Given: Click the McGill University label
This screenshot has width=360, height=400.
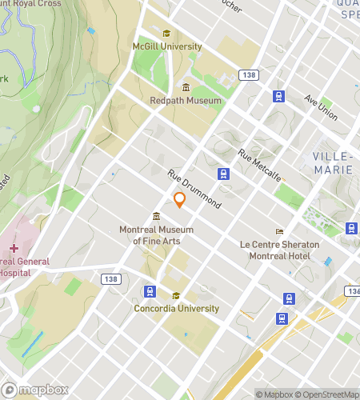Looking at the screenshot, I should click(x=166, y=47).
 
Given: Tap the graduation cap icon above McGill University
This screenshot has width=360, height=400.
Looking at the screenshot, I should click(x=166, y=34).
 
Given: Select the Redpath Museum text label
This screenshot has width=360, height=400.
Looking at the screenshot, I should click(x=186, y=101).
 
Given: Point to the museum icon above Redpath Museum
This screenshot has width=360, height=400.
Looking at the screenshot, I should click(x=186, y=87).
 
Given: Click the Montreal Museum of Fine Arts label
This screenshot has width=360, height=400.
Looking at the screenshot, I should click(x=155, y=235).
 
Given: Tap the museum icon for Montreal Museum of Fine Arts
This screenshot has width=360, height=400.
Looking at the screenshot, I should click(x=156, y=216).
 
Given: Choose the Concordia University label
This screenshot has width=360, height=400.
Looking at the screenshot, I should click(x=176, y=309).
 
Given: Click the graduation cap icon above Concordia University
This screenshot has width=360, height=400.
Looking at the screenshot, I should click(x=176, y=295).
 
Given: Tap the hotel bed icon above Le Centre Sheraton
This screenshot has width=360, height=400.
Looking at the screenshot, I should click(x=279, y=230).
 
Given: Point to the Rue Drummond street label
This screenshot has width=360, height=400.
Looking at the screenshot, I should click(x=194, y=189).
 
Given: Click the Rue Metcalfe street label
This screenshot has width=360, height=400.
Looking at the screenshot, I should click(x=259, y=165).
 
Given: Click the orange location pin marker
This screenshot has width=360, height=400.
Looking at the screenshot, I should click(x=180, y=199).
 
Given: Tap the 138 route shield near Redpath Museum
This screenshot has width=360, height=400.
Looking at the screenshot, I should click(x=249, y=74).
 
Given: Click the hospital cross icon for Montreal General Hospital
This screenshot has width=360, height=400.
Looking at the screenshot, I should click(x=14, y=249).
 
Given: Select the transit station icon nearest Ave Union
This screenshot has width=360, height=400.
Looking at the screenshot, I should click(x=278, y=97).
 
